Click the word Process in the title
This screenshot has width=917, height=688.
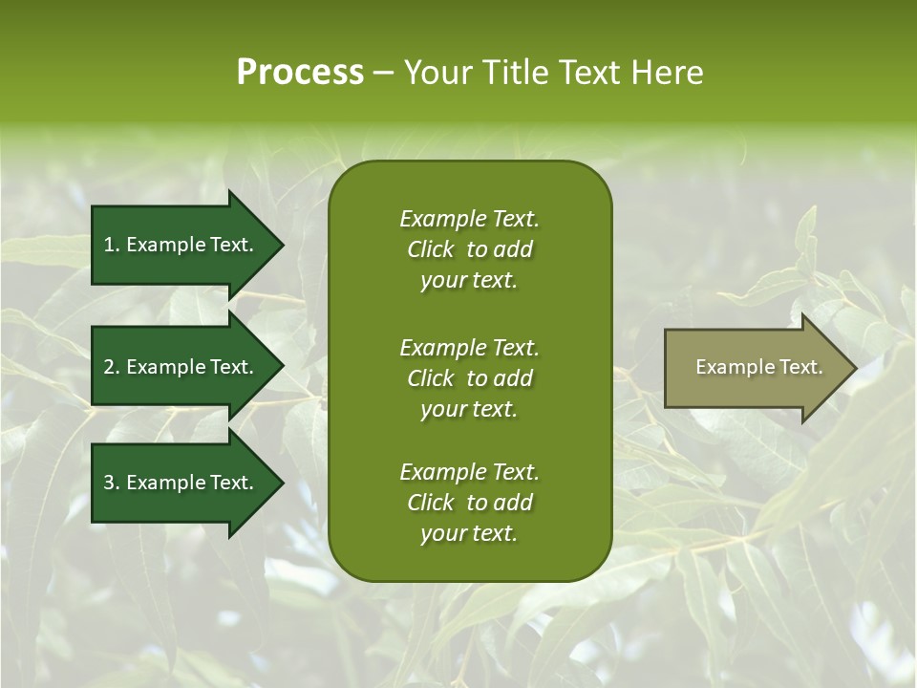coord(300,73)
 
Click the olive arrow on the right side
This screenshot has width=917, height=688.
coord(755,367)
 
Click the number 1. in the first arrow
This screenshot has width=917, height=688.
coord(112,245)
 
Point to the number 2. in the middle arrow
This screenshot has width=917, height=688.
coord(112,367)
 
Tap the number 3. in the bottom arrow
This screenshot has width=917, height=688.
coord(112,483)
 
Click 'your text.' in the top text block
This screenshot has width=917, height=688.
coord(469,281)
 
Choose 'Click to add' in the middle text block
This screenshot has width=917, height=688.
coord(469,378)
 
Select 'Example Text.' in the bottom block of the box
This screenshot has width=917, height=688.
coord(469,472)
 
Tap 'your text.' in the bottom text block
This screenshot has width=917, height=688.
coord(469,534)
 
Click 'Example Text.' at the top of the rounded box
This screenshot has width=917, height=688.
coord(469,219)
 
